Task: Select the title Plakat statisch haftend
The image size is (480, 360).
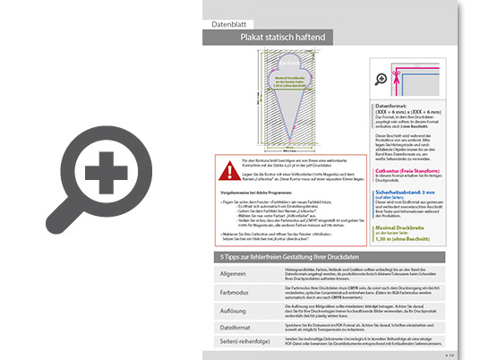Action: click(x=295, y=39)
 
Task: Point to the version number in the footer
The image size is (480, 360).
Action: click(x=449, y=356)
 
